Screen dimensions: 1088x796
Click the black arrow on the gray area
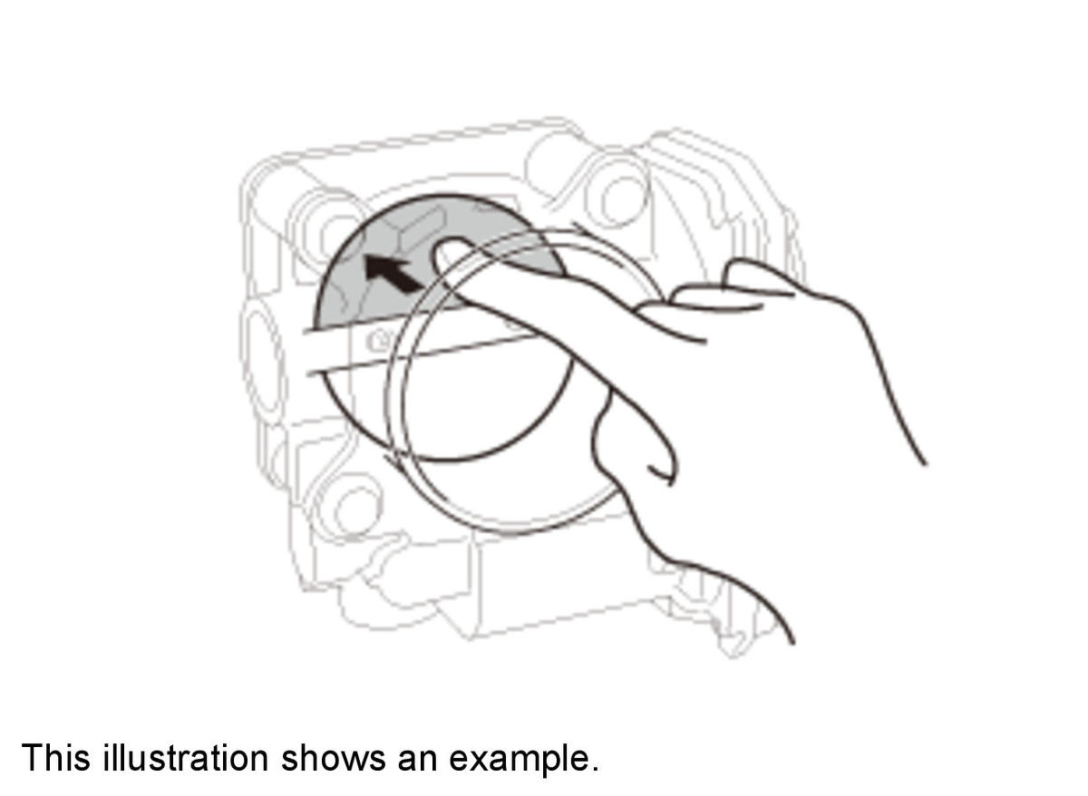(x=393, y=276)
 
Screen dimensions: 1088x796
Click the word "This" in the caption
(x=56, y=757)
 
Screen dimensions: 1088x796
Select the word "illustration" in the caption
(x=185, y=757)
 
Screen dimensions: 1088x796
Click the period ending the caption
(x=594, y=770)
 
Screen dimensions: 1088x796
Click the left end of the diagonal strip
(x=307, y=353)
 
